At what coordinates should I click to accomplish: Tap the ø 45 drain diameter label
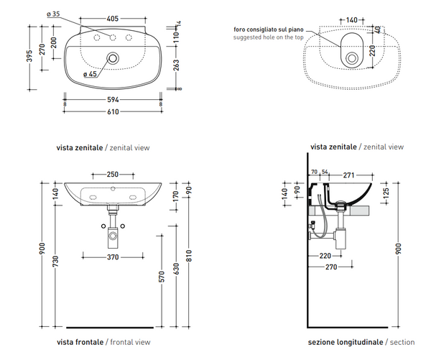[90, 73]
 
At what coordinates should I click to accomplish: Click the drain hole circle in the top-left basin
[112, 57]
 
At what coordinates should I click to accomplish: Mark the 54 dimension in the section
[325, 172]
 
